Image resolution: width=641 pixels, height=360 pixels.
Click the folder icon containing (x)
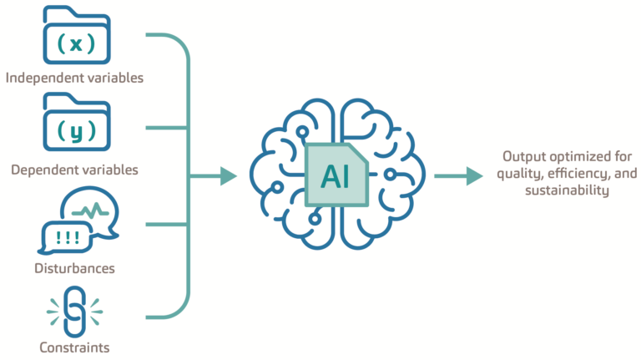tap(74, 37)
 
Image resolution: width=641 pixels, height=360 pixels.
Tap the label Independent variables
tap(74, 78)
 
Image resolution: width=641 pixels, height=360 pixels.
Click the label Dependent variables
tap(74, 170)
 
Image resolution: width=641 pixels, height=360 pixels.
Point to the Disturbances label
tap(76, 269)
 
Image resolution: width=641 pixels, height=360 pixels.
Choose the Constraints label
tap(74, 347)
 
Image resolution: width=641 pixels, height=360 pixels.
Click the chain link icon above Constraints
tap(74, 311)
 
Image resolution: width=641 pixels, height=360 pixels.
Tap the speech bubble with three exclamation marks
tap(63, 237)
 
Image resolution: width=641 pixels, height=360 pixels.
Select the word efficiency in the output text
tap(573, 174)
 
